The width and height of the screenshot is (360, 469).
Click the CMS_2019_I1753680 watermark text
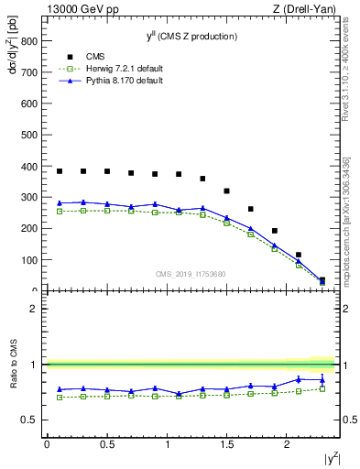191,274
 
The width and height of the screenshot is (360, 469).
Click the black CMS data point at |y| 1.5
226,191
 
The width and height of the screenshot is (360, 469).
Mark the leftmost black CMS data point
60,171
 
